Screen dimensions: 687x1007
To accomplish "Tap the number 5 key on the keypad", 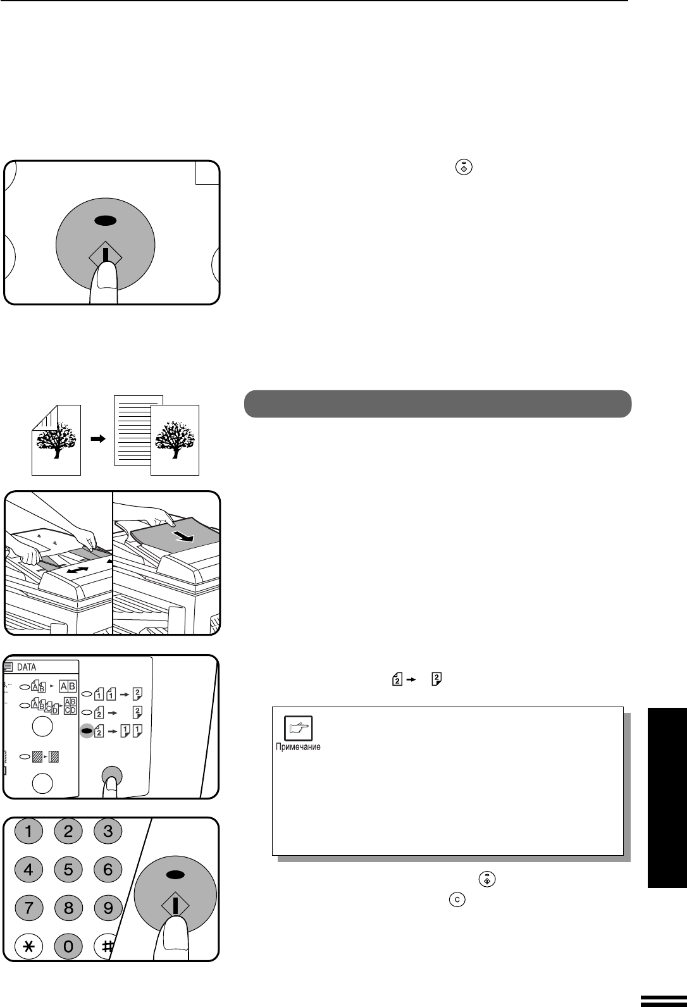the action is [68, 869].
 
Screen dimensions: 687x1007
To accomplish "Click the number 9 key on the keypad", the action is [108, 908].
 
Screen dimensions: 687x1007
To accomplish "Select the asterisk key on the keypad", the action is [28, 946].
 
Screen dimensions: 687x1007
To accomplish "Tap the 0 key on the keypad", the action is [68, 946].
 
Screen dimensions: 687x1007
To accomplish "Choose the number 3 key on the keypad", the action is [108, 831].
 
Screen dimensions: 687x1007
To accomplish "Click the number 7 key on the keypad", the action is [28, 908].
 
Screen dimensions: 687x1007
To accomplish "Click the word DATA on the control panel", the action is [26, 667].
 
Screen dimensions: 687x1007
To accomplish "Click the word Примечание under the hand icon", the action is [298, 746].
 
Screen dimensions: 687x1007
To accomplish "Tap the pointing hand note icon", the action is [298, 728].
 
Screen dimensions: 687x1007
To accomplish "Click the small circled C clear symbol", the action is [457, 899].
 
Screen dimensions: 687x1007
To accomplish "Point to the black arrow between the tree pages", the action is [98, 438].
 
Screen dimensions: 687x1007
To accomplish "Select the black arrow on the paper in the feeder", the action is [184, 536].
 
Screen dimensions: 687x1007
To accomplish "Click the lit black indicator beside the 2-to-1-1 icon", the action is [87, 731].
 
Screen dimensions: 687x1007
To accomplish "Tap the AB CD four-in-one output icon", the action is [70, 706].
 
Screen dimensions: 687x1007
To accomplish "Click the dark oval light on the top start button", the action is [106, 220].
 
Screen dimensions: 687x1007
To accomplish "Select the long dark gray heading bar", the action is [438, 404].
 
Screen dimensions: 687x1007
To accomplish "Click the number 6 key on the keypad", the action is [108, 869].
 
